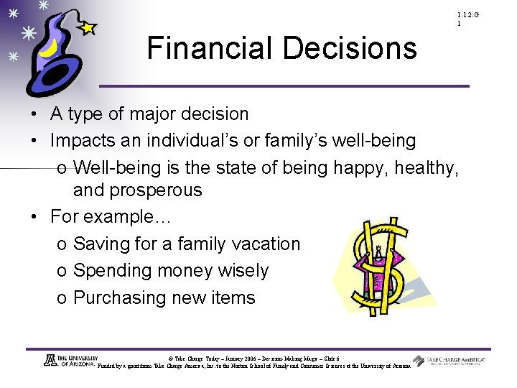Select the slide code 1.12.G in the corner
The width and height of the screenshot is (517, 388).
tap(466, 15)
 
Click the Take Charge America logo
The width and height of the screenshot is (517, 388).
tap(449, 361)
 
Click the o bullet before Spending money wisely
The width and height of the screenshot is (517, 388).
tap(62, 272)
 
